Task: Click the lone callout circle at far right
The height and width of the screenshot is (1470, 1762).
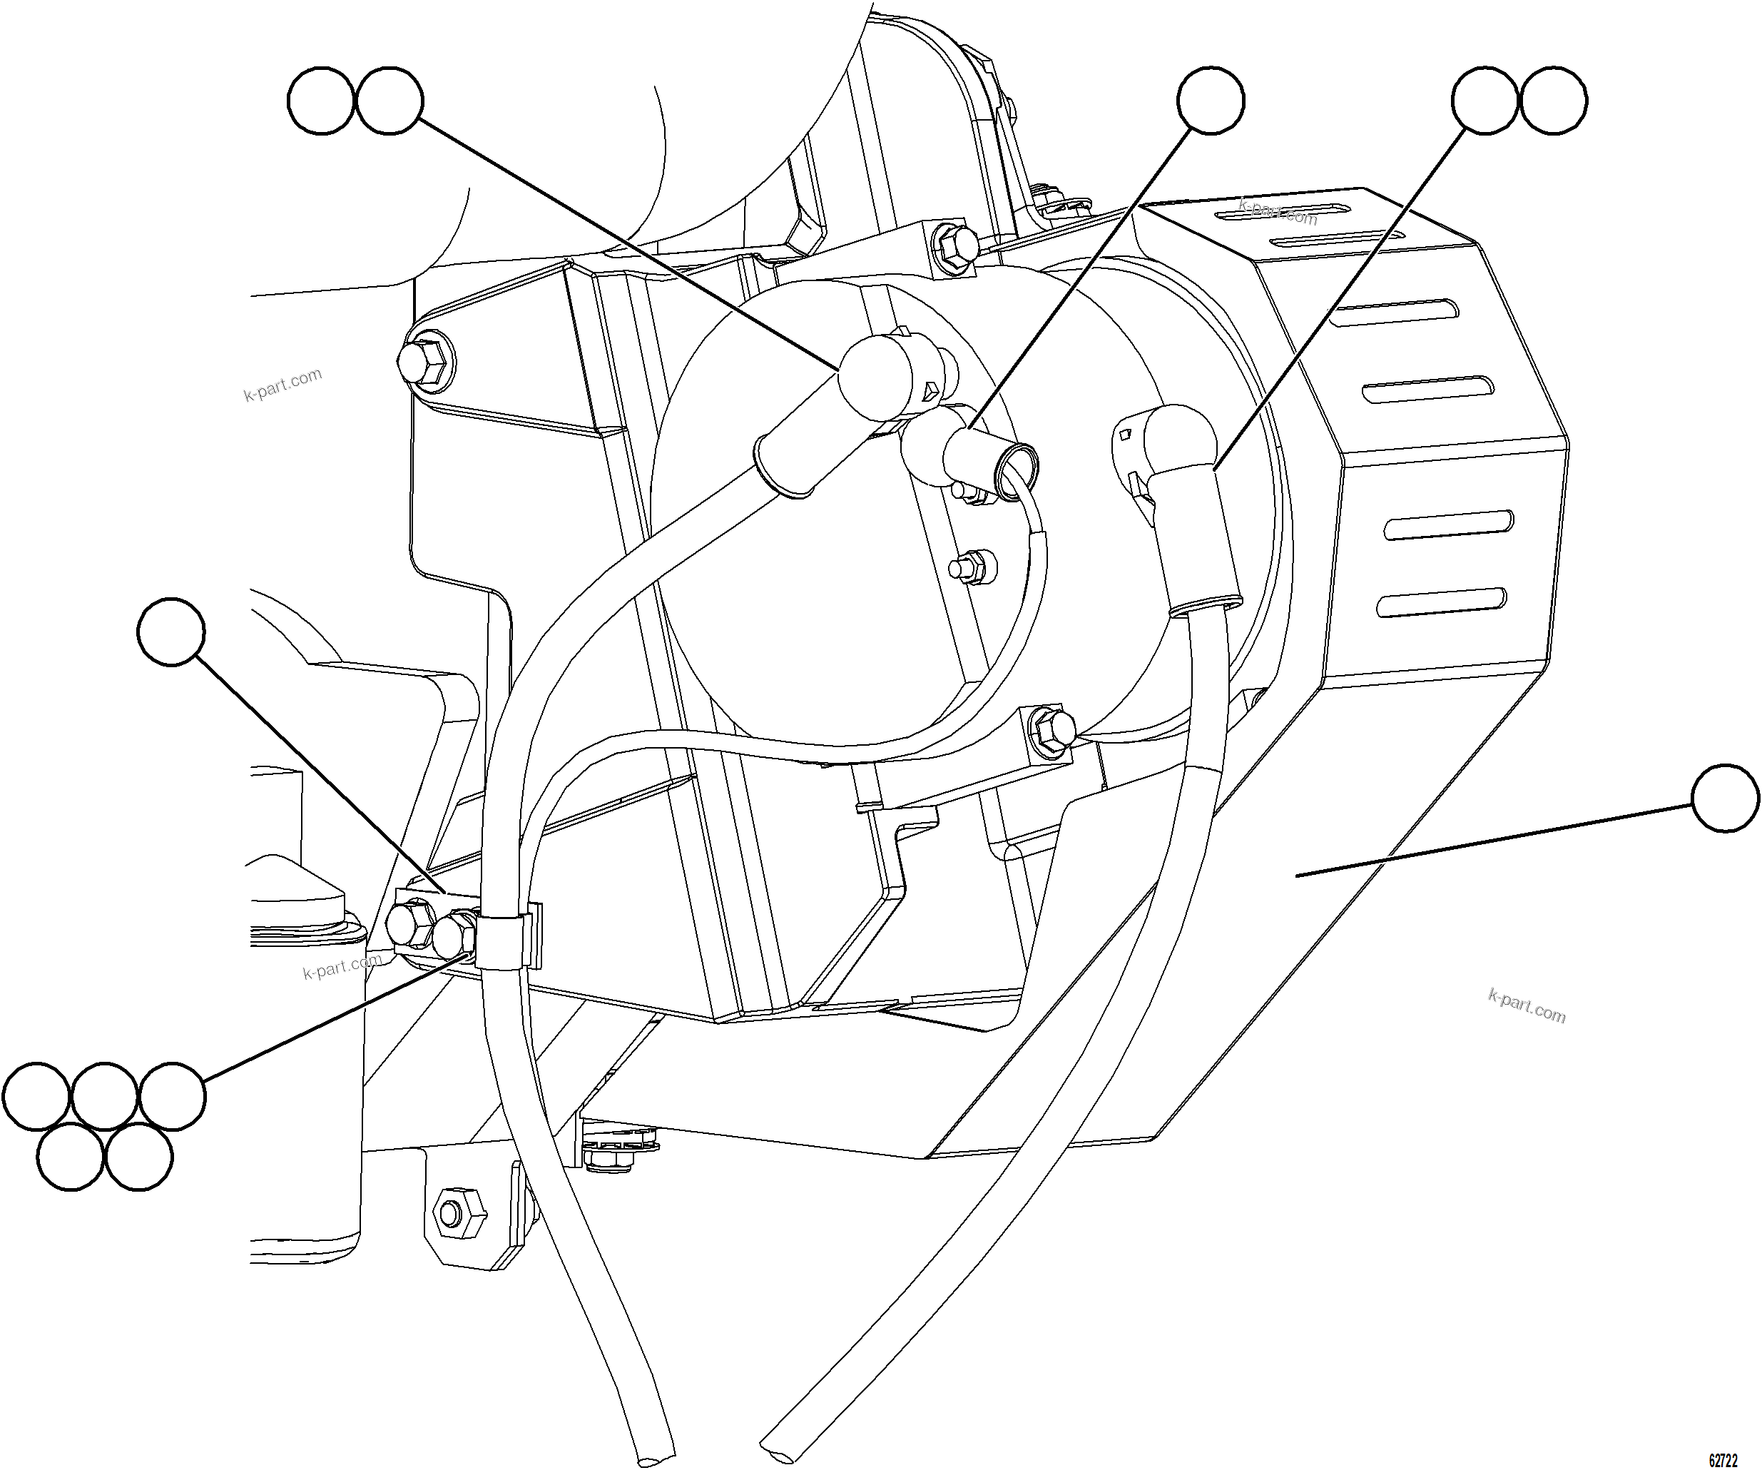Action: pyautogui.click(x=1725, y=799)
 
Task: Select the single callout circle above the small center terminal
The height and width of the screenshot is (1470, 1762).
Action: pyautogui.click(x=1211, y=101)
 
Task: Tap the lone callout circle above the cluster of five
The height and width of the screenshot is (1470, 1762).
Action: pyautogui.click(x=171, y=632)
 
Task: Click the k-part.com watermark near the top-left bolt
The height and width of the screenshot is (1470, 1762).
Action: pyautogui.click(x=282, y=385)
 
